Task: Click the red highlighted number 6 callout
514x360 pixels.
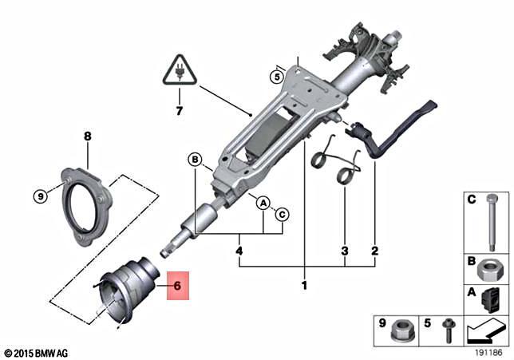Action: coord(177,284)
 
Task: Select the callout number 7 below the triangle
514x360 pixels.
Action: coord(180,109)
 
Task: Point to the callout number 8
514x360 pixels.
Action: coord(88,136)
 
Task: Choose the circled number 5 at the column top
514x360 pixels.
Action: coord(276,77)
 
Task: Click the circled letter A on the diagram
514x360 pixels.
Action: coord(262,204)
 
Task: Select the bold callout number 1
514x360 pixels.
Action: coord(303,285)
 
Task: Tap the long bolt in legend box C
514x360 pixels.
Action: coord(486,224)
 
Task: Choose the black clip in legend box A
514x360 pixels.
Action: coord(489,299)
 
